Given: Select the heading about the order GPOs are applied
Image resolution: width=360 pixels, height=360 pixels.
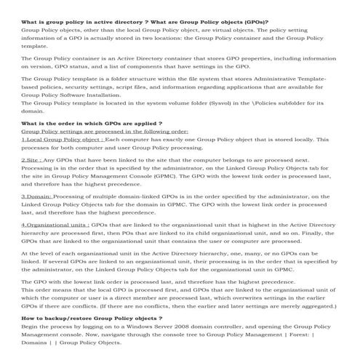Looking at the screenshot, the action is pos(92,124).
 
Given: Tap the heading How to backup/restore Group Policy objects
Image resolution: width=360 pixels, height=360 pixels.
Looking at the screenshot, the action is pos(92,319).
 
